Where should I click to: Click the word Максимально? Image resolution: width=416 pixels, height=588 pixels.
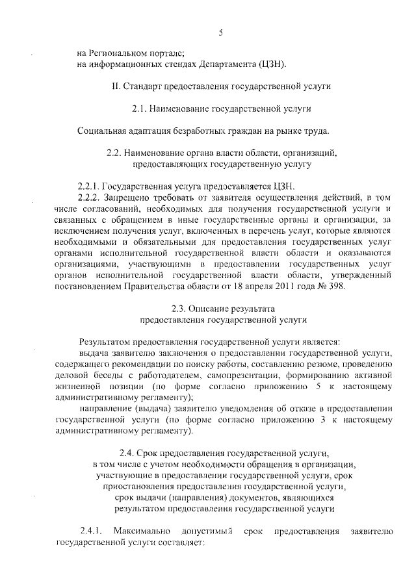click(138, 531)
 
